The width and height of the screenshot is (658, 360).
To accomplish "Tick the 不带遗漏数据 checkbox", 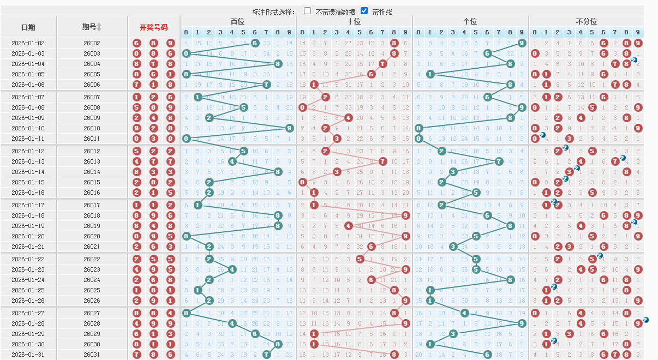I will click(x=308, y=11).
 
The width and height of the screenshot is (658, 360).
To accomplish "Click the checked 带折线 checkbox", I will click(x=364, y=11).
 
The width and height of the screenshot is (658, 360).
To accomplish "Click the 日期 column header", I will click(x=28, y=27).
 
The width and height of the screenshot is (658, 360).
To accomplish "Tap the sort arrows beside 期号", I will click(x=99, y=27).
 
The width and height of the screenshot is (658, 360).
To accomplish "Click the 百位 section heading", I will click(x=238, y=21).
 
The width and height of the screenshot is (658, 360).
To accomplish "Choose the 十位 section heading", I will click(x=354, y=21).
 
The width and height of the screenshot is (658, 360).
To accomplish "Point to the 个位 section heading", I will click(x=470, y=21).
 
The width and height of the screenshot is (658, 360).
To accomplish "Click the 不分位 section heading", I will click(x=586, y=21).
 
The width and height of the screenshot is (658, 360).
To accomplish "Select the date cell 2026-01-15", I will click(x=28, y=182).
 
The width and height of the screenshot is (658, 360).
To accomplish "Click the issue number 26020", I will click(x=92, y=236).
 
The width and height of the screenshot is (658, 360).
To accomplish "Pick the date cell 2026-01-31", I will click(x=28, y=355).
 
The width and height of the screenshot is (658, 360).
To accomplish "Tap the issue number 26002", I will click(x=92, y=43).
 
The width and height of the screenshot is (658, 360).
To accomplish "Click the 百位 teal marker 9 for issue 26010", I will click(x=289, y=128).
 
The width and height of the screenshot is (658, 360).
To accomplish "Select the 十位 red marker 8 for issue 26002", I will click(x=394, y=43).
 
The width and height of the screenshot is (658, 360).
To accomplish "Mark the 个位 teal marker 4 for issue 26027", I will click(x=464, y=313).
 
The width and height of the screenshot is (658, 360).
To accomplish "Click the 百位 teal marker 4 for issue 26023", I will click(x=232, y=269).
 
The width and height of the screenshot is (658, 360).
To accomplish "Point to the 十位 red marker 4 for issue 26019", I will click(x=348, y=226).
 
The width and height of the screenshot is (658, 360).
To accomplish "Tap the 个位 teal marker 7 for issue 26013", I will click(x=499, y=161).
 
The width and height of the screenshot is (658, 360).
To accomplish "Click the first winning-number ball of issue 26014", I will click(x=137, y=172).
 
